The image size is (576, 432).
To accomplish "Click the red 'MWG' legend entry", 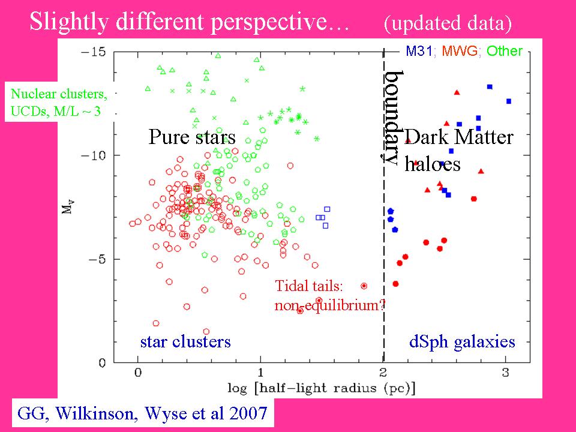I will point(461,51).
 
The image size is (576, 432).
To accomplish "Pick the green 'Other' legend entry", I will point(505,51).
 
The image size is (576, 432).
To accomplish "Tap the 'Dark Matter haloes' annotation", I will point(458,150).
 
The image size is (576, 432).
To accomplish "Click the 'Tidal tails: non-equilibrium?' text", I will point(329,295).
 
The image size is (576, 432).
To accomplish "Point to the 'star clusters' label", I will point(185,341).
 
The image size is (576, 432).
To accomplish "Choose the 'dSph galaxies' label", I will point(462,341).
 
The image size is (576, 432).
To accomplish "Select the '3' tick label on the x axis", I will point(506,373).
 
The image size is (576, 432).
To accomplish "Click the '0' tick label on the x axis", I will point(138,373).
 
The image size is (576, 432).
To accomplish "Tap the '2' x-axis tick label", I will point(383,373).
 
